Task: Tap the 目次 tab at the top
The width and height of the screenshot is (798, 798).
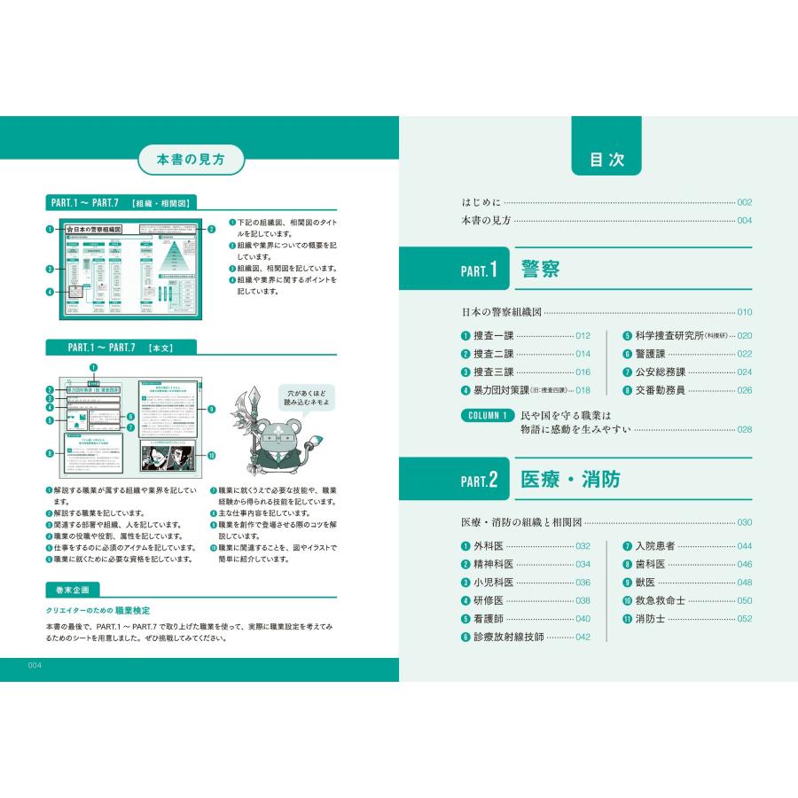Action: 606,160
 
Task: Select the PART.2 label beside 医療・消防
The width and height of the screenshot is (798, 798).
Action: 480,481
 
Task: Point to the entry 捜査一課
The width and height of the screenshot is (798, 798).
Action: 493,336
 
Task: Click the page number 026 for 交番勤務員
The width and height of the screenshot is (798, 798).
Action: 743,390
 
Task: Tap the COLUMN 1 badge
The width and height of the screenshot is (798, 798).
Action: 486,416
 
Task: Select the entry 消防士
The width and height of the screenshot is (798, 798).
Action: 650,619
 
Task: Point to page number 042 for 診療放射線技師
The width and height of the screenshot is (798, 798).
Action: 583,638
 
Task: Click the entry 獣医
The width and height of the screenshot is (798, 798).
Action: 645,583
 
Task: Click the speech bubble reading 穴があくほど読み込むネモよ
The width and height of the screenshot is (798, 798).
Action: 306,395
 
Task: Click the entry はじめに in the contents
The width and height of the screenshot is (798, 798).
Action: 481,202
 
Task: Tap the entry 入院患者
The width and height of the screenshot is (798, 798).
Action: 655,546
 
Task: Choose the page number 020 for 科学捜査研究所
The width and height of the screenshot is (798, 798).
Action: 743,336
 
